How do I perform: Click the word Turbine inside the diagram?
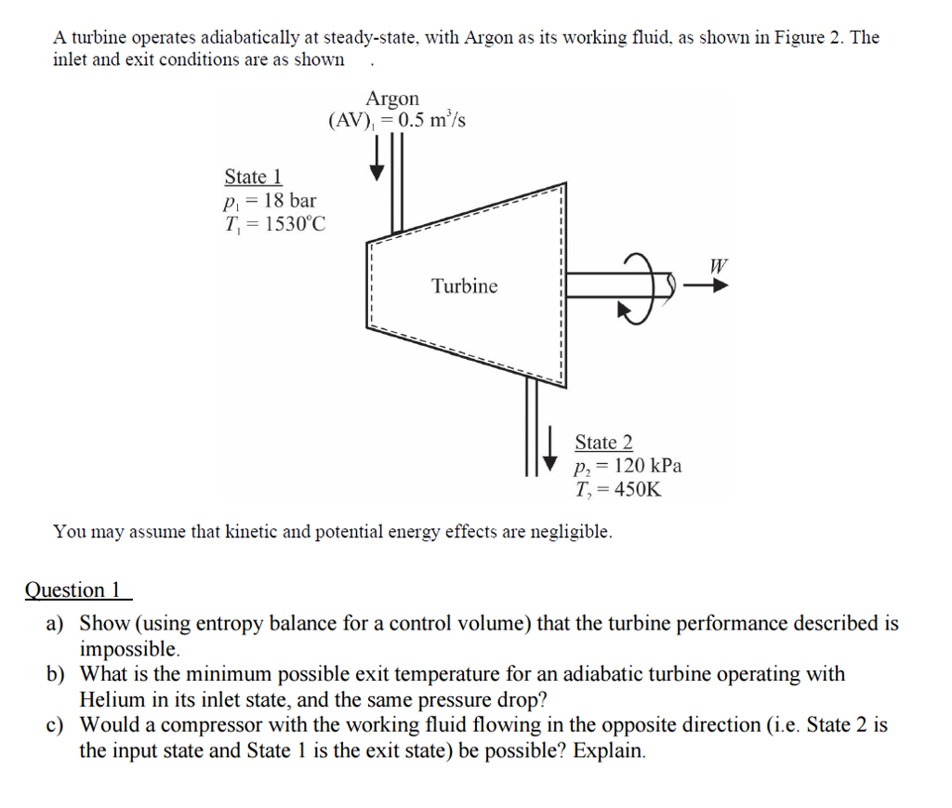click(x=464, y=286)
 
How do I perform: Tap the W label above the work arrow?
click(x=717, y=266)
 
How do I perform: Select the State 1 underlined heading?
click(x=253, y=177)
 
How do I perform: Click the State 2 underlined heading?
click(x=603, y=443)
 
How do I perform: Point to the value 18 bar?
click(x=289, y=201)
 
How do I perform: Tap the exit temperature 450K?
click(x=632, y=490)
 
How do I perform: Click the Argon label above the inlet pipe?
click(x=392, y=99)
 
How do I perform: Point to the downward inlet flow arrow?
click(x=377, y=162)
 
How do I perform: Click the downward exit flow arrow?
click(x=550, y=448)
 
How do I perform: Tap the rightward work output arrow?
click(x=707, y=286)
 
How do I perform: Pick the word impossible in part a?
click(x=128, y=648)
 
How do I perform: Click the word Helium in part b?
click(x=111, y=699)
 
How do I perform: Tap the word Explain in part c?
click(x=609, y=749)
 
